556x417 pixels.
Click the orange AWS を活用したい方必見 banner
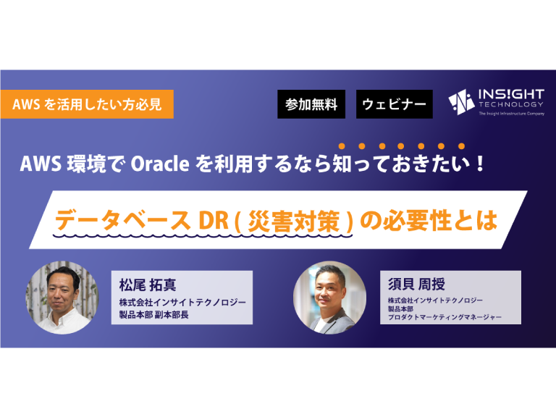[87, 104]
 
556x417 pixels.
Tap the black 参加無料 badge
[311, 104]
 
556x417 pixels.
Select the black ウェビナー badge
[395, 104]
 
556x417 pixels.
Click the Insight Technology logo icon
[461, 102]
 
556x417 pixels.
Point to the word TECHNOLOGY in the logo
[511, 104]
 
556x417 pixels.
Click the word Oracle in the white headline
[160, 164]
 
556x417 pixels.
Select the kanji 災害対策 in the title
[294, 222]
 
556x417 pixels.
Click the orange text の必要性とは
[429, 220]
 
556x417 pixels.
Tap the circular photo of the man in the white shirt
[62, 298]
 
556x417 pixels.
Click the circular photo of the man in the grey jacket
[330, 298]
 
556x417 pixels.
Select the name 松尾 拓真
[148, 285]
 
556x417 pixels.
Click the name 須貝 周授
[416, 284]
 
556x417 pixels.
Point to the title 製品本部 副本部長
[154, 314]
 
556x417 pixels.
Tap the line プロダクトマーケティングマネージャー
[445, 317]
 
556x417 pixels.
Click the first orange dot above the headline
[342, 146]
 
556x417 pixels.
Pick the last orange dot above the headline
[461, 146]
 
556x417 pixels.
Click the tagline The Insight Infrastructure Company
[511, 114]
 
